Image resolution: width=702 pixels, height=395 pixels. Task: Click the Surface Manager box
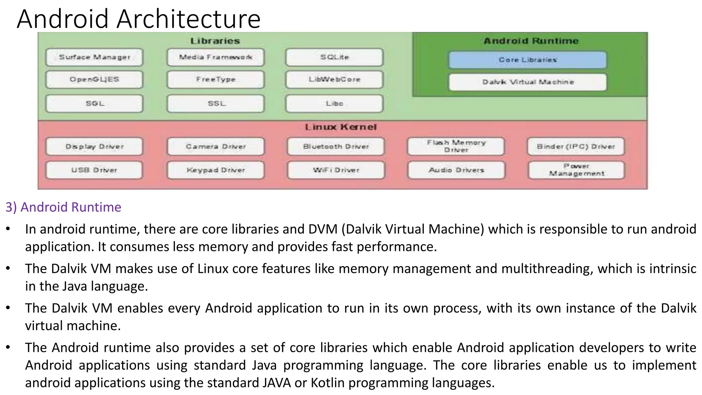[94, 57]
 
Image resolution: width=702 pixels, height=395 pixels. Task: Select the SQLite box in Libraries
[334, 57]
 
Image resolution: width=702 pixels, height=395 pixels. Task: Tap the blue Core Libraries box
[528, 60]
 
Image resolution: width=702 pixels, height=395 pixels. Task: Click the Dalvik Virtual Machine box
[528, 82]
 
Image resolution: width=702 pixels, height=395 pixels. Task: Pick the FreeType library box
[216, 80]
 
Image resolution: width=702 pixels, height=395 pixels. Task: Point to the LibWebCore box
[334, 80]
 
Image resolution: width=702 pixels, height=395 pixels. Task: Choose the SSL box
[216, 104]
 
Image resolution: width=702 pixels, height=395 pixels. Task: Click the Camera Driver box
[216, 147]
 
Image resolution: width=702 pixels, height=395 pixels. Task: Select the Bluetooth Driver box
[336, 147]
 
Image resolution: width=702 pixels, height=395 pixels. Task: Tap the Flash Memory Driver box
[456, 146]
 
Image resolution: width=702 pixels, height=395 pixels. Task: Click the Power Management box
[576, 170]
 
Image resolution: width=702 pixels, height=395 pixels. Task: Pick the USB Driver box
[94, 170]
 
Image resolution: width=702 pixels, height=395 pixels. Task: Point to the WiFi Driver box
[336, 170]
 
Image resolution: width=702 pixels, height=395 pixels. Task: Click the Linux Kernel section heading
[341, 127]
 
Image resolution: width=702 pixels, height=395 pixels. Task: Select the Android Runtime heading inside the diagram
[531, 41]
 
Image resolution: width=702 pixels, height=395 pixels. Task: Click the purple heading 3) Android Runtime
[63, 207]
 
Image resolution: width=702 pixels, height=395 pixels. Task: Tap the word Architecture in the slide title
[189, 19]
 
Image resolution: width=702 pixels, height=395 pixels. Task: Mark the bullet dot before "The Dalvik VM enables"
[8, 308]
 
